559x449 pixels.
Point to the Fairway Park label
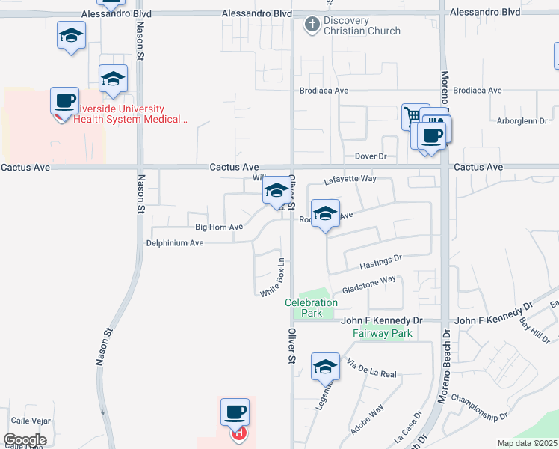click(386, 333)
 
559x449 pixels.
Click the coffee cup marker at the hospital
click(65, 101)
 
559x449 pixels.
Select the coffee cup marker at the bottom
click(235, 412)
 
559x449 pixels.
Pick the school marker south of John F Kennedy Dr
click(325, 367)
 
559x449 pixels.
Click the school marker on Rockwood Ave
click(325, 214)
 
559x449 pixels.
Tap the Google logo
click(25, 440)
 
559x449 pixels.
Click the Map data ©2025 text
click(527, 443)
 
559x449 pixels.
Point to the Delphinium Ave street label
click(175, 243)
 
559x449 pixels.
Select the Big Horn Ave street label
click(219, 227)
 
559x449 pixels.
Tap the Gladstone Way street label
click(368, 284)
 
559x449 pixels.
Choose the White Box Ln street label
click(274, 278)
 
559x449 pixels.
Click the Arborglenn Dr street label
click(523, 120)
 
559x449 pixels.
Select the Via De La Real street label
click(371, 368)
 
